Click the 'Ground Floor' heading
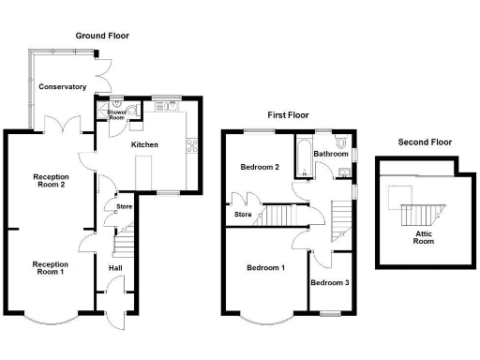click(102, 36)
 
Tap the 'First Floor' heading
click(288, 114)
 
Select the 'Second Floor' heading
click(425, 142)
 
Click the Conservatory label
click(63, 87)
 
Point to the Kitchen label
click(144, 145)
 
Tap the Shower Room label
click(117, 114)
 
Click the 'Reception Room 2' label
click(50, 181)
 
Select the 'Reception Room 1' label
click(50, 268)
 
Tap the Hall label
click(115, 268)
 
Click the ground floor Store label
click(124, 207)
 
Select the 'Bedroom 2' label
click(260, 168)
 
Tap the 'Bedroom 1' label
click(265, 268)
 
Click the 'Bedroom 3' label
click(330, 283)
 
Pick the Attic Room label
click(424, 237)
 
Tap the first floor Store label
click(244, 215)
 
